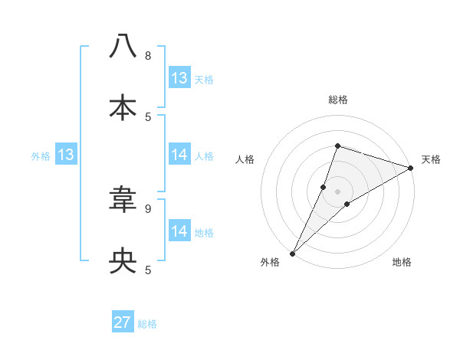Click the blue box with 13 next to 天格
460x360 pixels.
179,78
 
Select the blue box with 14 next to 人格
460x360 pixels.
179,155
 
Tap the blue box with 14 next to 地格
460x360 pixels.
179,231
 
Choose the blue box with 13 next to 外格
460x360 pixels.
66,155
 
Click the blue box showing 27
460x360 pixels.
123,322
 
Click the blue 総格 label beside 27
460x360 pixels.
147,324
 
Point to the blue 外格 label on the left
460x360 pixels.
41,156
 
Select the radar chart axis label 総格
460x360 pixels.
337,100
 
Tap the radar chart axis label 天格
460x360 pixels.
431,159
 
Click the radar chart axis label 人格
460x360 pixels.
245,159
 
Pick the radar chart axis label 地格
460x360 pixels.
402,263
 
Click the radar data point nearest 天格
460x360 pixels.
410,168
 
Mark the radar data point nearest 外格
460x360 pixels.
292,253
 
